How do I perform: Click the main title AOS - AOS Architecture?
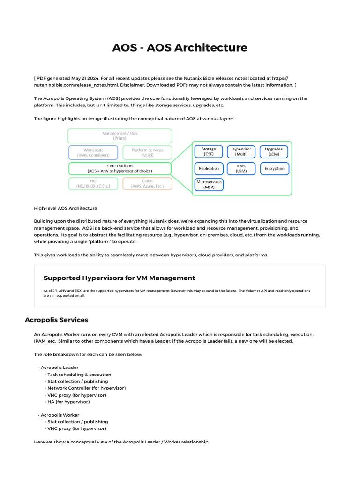pos(180,48)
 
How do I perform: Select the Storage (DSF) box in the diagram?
pos(209,151)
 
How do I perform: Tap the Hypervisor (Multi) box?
pos(241,151)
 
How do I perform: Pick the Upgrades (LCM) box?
pos(273,151)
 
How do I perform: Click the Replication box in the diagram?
pos(209,169)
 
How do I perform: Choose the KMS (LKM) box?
pos(241,169)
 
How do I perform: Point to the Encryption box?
pos(274,169)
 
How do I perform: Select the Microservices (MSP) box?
pos(209,184)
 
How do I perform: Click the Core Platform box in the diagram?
pos(120,168)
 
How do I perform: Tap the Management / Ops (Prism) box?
pos(120,136)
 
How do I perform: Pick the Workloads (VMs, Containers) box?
pos(93,152)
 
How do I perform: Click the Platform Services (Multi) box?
pos(147,152)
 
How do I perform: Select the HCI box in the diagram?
pos(93,183)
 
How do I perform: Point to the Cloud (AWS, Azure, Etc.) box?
pos(147,183)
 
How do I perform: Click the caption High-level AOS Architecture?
pos(66,208)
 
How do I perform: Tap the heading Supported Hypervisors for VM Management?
pos(119,278)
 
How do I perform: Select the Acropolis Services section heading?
pos(56,320)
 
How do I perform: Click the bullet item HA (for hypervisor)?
pos(68,402)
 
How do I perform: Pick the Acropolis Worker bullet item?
pos(60,415)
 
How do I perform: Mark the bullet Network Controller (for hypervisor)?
pos(86,388)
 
